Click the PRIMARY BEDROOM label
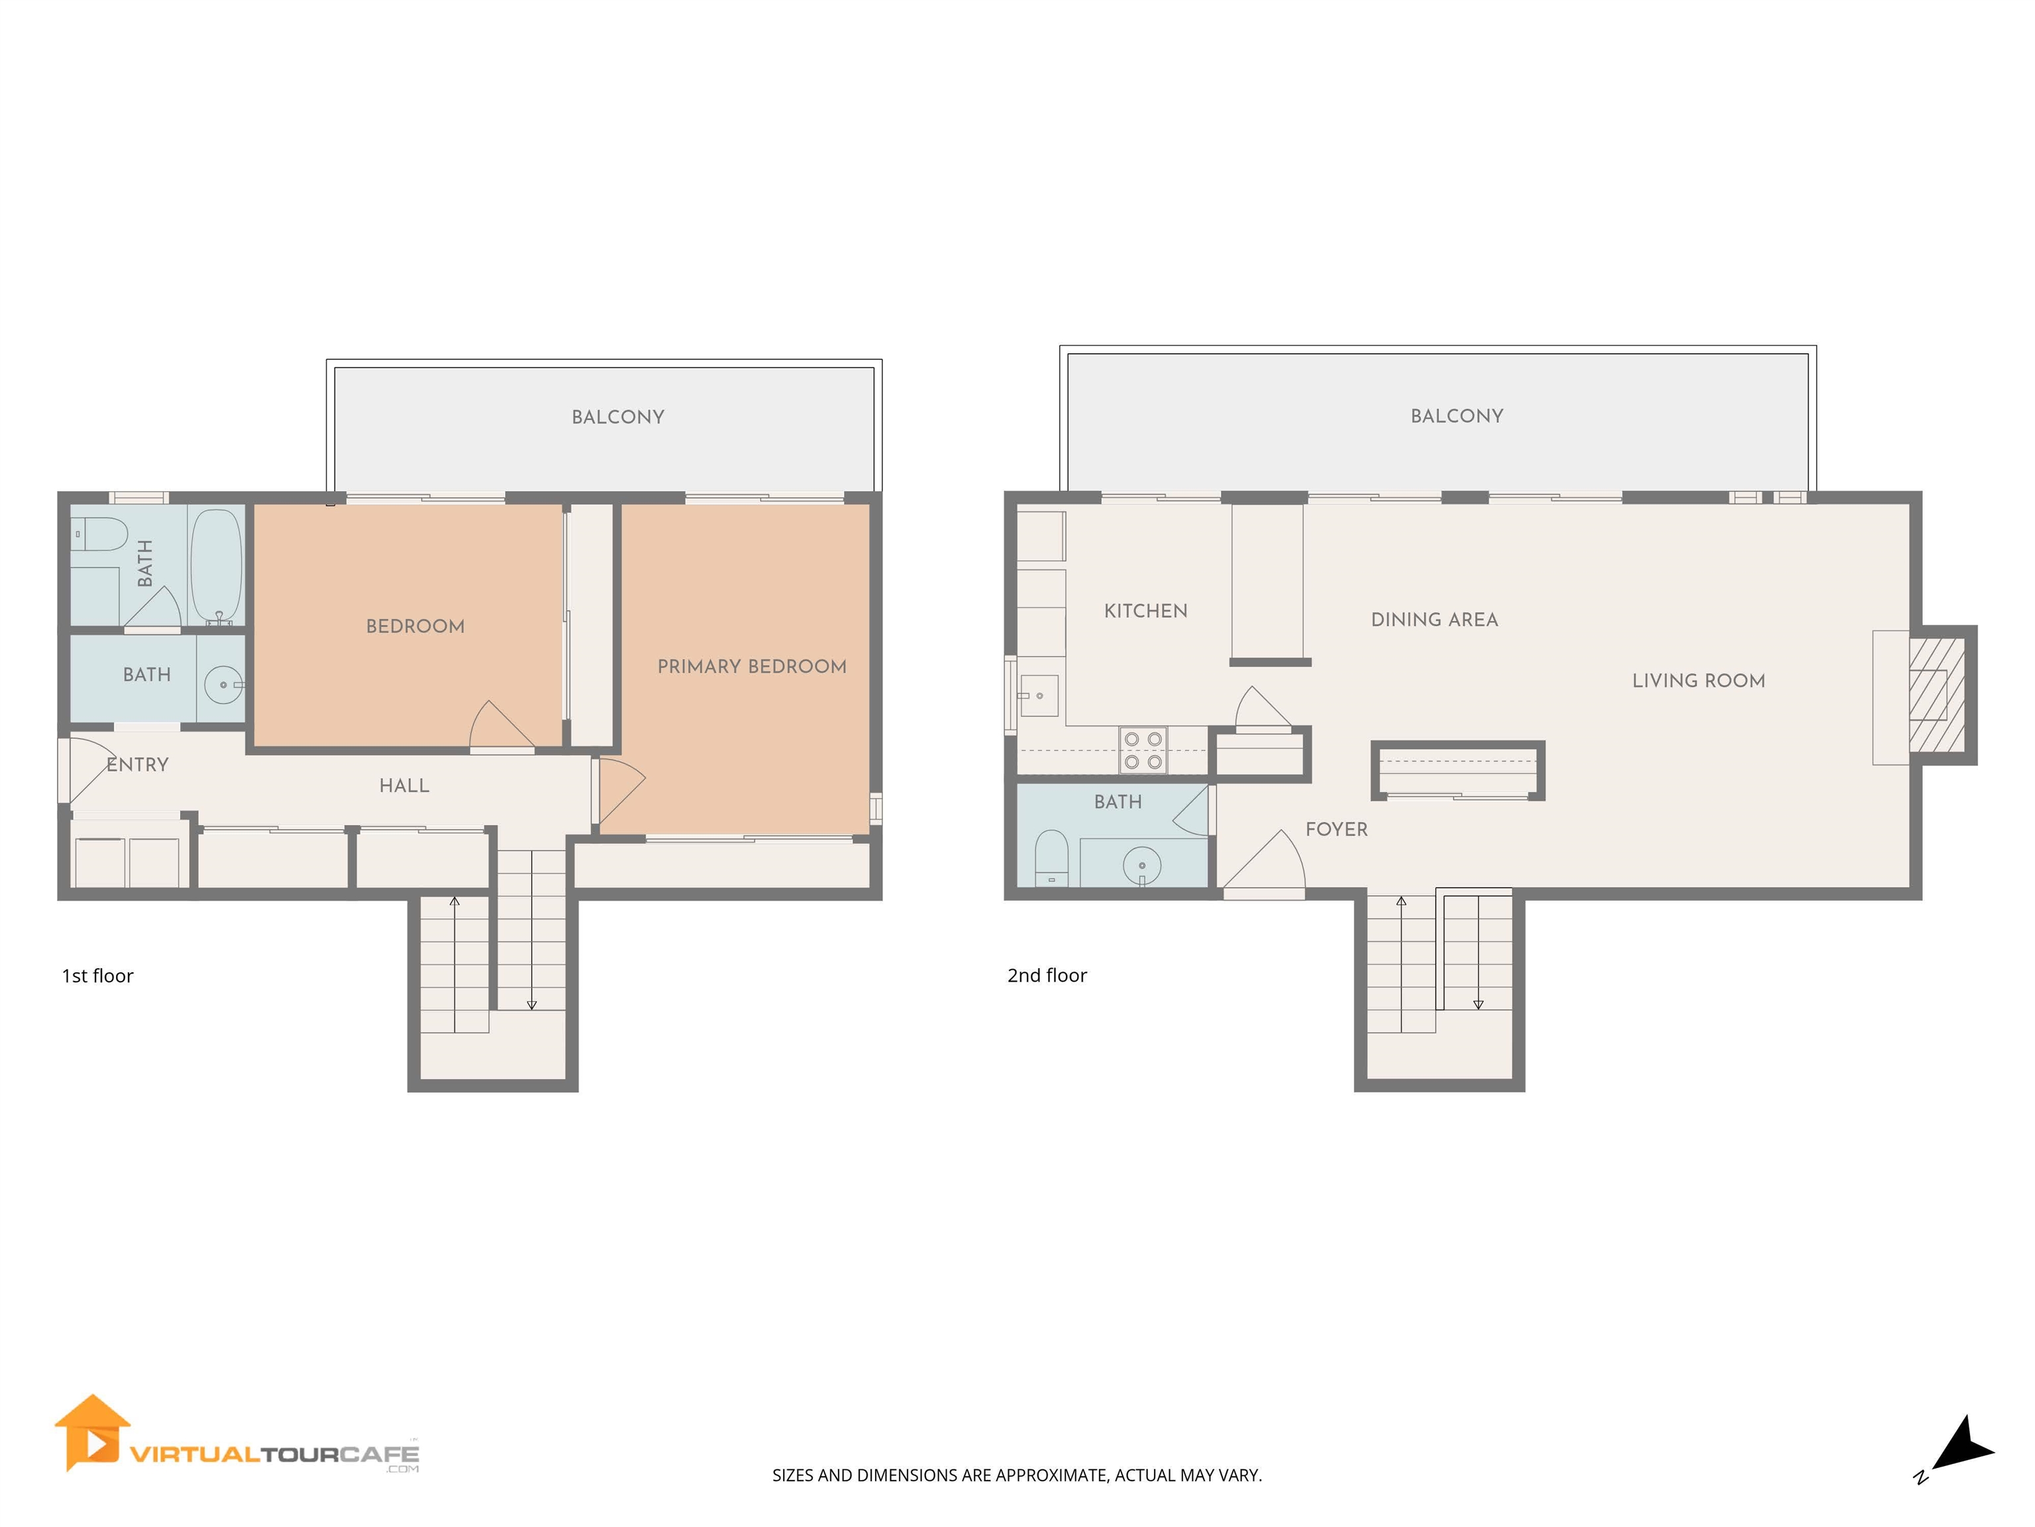tap(752, 666)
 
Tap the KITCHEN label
tap(1145, 611)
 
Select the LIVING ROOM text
tap(1698, 681)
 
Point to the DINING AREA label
tap(1434, 620)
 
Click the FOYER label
tap(1336, 829)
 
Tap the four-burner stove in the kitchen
tap(1143, 750)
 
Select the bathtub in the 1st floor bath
tap(216, 565)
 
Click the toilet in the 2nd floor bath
tap(1051, 857)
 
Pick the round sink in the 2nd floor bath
tap(1141, 865)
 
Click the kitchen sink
tap(1038, 696)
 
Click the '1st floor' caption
tap(97, 976)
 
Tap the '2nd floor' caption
tap(1047, 976)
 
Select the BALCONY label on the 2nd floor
tap(1456, 416)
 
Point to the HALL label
tap(404, 786)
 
